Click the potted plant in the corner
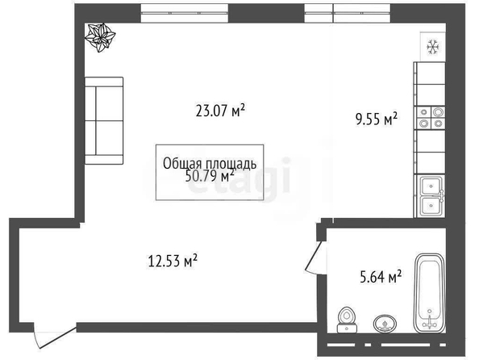coord(100,37)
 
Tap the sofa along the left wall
coord(104,120)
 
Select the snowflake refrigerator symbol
coord(432,48)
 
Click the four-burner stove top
coord(431,118)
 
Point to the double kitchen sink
coord(431,196)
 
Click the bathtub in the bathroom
coord(429,293)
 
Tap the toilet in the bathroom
coord(347,320)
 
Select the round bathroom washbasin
coord(385,324)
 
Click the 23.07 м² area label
coord(220,111)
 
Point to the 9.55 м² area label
coord(377,119)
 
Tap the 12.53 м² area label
coord(173,261)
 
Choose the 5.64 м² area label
coord(381,277)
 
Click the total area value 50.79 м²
coord(210,176)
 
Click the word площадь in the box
coord(231,164)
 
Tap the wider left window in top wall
coord(185,13)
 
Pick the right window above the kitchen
coord(348,13)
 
